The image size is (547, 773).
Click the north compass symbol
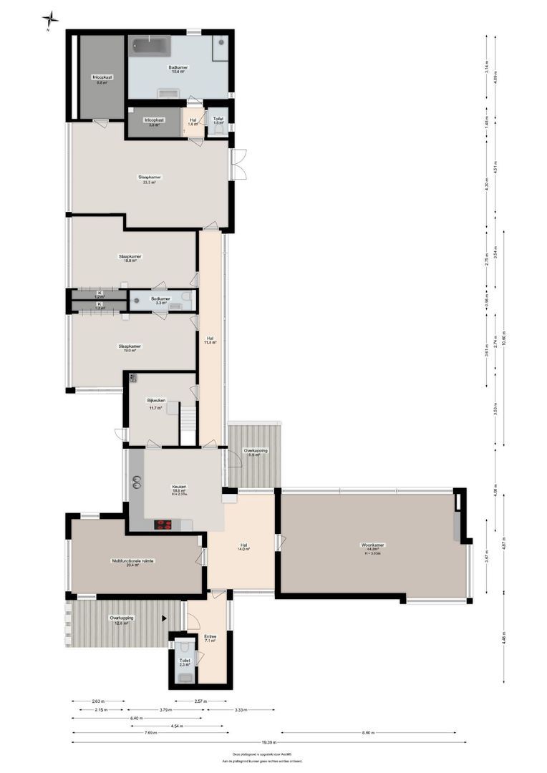[x=50, y=19]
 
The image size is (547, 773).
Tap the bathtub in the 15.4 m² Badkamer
[x=150, y=47]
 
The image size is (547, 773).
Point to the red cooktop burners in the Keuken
[x=164, y=525]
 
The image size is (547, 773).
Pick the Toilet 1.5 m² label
[x=218, y=121]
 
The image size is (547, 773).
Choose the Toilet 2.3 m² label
[x=185, y=663]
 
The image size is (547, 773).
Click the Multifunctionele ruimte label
[x=132, y=563]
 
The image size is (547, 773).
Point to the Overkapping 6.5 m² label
[x=255, y=452]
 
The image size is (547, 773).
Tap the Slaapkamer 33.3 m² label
[x=150, y=180]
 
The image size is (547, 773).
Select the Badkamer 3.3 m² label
[x=160, y=301]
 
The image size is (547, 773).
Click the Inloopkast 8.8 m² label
[x=102, y=79]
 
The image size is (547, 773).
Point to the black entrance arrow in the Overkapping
[x=165, y=618]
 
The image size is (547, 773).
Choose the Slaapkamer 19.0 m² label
[x=130, y=348]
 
